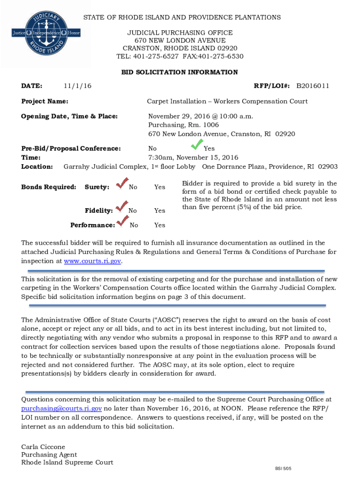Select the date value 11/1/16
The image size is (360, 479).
coord(78,86)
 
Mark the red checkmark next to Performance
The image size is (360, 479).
coord(123,221)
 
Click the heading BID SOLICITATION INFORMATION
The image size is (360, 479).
coord(180,73)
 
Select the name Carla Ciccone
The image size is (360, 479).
coord(43,447)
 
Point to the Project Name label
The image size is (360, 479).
coord(45,102)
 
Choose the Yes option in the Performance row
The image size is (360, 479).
coord(159,225)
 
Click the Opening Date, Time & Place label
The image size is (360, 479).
coord(69,116)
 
